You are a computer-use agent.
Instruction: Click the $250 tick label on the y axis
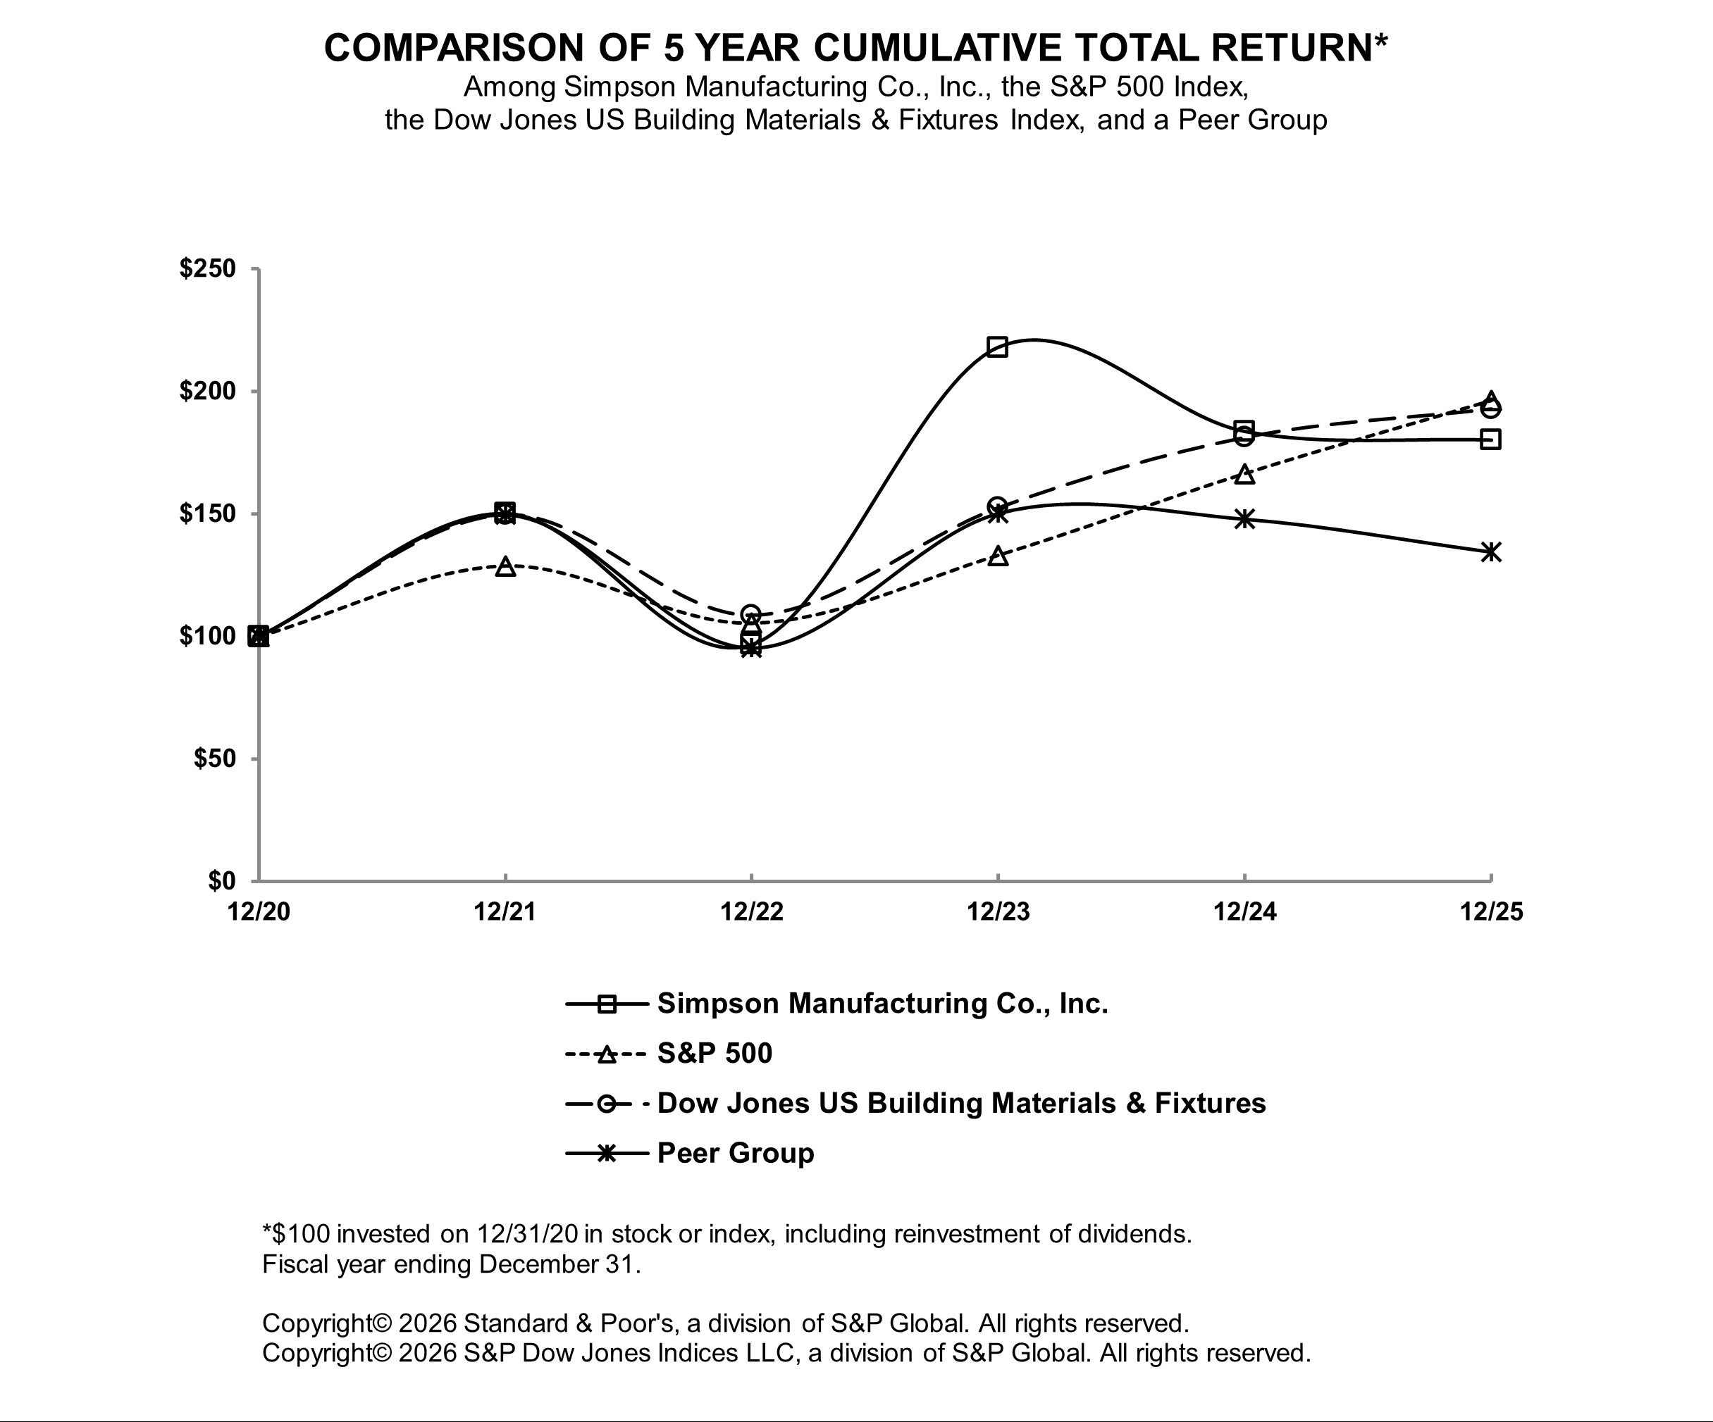click(207, 268)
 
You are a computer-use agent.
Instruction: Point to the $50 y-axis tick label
click(214, 759)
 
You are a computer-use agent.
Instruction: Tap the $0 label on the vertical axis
click(221, 880)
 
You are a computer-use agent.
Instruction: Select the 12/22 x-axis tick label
click(751, 911)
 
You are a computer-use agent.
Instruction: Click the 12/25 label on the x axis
click(1491, 911)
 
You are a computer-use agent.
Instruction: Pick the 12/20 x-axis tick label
click(259, 911)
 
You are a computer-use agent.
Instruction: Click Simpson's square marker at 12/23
click(997, 347)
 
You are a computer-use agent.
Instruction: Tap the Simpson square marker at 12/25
click(1490, 439)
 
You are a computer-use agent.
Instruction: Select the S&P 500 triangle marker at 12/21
click(506, 566)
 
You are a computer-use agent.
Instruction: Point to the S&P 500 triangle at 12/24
click(1244, 474)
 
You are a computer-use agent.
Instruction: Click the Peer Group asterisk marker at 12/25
click(1491, 552)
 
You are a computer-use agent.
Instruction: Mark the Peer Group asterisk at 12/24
click(1244, 518)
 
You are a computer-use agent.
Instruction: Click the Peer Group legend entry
click(735, 1153)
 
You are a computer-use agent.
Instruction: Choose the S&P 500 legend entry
click(714, 1054)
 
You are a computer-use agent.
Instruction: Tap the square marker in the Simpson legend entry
click(606, 1004)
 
